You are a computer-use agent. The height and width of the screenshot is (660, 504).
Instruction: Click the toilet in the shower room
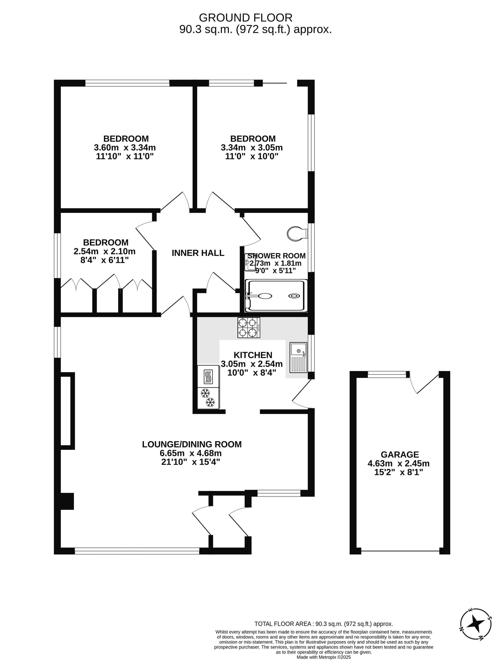(x=297, y=233)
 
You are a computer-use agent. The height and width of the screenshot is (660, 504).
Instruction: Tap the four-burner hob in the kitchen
(x=249, y=328)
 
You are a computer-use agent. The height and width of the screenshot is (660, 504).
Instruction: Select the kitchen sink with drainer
(x=298, y=358)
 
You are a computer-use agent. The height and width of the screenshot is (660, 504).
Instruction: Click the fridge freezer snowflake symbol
(x=208, y=398)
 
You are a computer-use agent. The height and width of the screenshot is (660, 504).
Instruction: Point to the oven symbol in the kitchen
(x=208, y=376)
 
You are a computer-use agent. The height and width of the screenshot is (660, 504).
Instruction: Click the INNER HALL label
(x=198, y=253)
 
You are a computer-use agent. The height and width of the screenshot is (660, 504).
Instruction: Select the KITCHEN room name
(x=253, y=355)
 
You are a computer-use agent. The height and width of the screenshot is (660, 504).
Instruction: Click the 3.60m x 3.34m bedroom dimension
(x=125, y=148)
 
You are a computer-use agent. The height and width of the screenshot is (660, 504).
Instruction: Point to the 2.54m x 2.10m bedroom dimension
(x=104, y=251)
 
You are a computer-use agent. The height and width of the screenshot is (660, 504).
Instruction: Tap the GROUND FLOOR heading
(x=246, y=18)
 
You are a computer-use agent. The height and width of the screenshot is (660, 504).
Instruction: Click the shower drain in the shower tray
(x=294, y=296)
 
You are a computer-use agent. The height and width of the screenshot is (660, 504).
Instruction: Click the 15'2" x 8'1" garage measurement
(x=399, y=472)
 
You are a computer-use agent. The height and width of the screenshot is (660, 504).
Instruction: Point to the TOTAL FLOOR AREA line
(x=324, y=624)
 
